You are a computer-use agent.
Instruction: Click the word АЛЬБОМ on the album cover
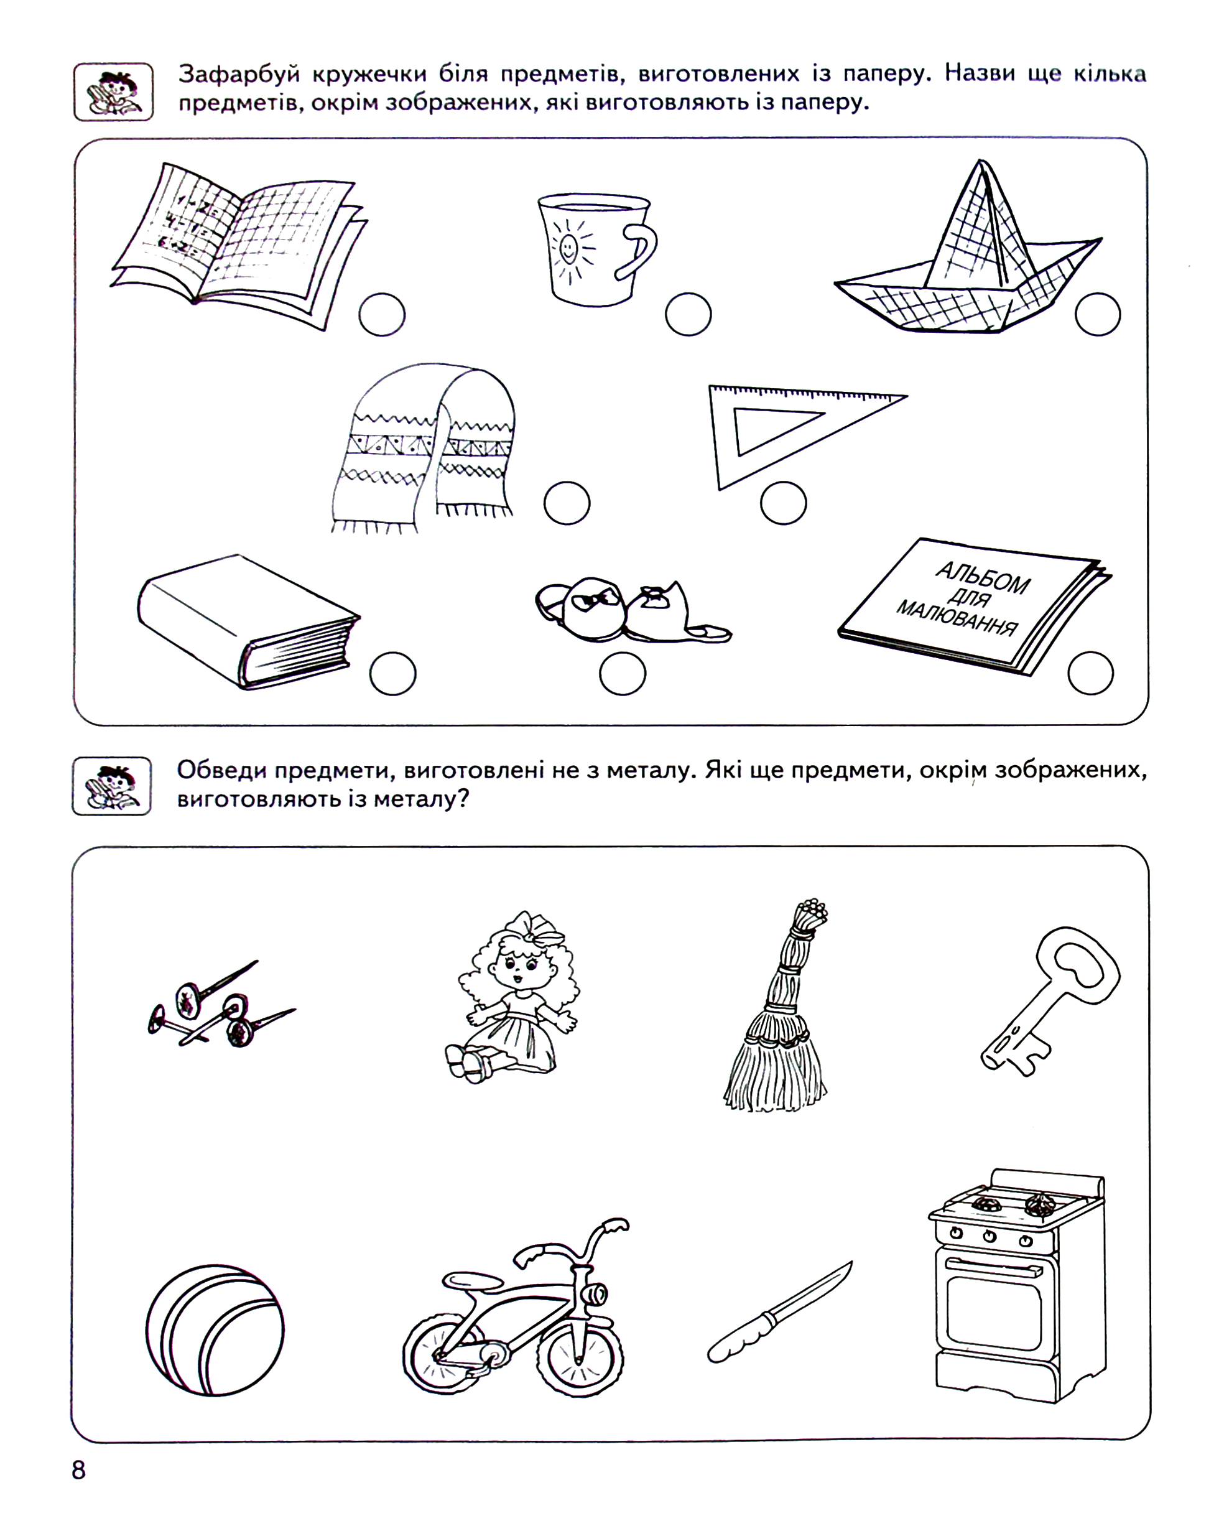coord(983,579)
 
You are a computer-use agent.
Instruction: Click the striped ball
coord(215,1331)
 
